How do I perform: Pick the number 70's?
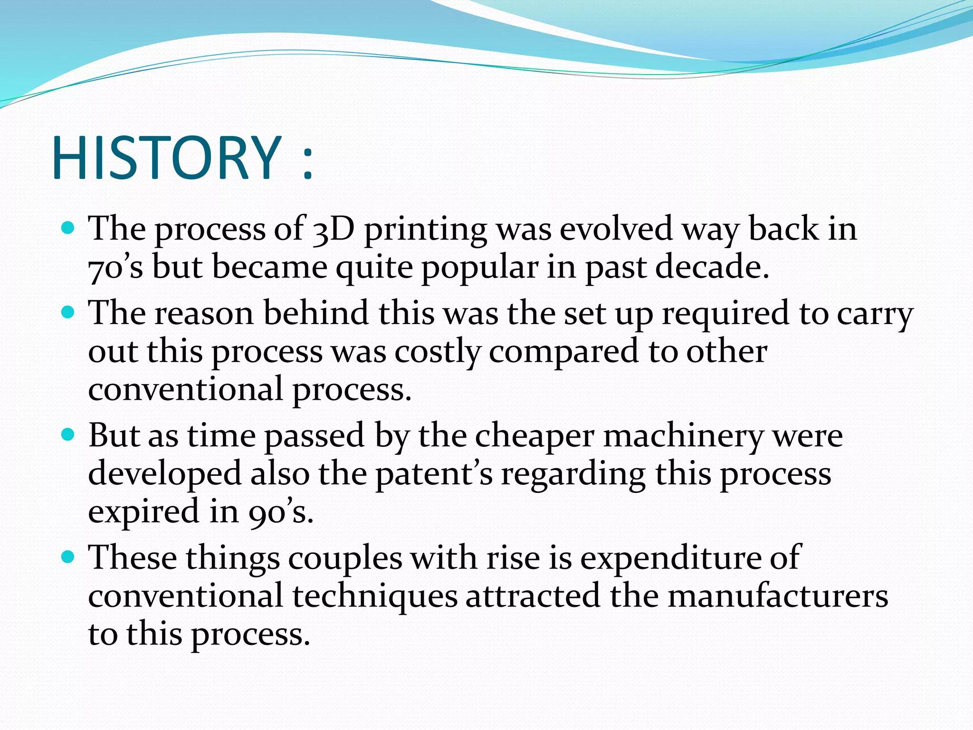(x=115, y=268)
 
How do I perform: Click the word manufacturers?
(x=778, y=596)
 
